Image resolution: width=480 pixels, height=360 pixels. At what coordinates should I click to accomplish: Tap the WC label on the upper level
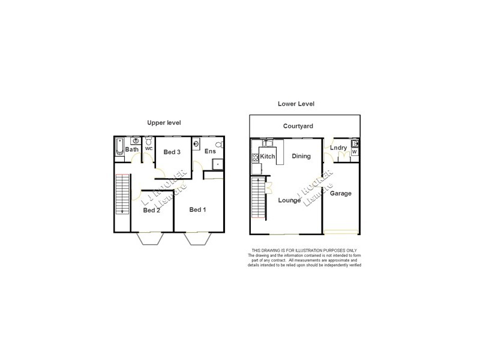tap(148, 148)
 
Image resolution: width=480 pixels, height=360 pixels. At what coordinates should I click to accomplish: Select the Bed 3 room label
tap(172, 152)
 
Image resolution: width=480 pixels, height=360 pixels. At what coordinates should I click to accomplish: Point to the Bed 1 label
tap(197, 209)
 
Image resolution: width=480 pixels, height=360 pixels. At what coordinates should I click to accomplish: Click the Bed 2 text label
tap(151, 210)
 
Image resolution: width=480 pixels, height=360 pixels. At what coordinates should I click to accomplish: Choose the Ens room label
tap(209, 152)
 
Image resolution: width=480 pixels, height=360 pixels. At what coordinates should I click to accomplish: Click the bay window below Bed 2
tap(151, 238)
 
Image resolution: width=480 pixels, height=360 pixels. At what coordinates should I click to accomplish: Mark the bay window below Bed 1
tap(198, 238)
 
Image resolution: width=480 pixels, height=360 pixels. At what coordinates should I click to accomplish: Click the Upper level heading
tap(164, 123)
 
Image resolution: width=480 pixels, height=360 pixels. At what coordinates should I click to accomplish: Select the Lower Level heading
tap(296, 104)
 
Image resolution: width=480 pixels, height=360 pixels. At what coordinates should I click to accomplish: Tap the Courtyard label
tap(298, 126)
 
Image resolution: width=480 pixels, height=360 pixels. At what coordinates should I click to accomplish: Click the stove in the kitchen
tap(255, 158)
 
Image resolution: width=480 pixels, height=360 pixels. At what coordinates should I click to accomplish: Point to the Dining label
tap(301, 156)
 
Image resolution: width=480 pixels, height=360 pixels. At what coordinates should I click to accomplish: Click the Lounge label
tap(289, 200)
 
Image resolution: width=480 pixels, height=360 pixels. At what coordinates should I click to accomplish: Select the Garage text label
tap(341, 193)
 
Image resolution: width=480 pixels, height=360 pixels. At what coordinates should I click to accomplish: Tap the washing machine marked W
tap(354, 151)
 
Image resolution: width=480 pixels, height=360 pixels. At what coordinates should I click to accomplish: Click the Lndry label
tap(338, 148)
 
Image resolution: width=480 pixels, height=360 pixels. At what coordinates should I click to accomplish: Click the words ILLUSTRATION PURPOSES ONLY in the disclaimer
tap(327, 250)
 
